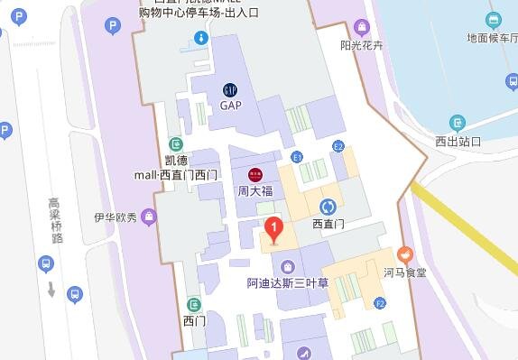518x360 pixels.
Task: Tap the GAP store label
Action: pos(231,105)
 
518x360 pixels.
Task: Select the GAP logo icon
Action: pos(231,88)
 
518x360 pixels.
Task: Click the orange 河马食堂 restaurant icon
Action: pos(404,255)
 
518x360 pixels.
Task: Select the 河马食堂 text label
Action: pos(404,272)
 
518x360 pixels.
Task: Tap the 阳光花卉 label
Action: pos(362,44)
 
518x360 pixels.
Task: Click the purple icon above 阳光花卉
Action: pos(362,26)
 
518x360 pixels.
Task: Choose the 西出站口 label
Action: pos(458,141)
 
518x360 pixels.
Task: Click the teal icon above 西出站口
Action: pos(458,123)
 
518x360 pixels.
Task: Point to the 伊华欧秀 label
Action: pos(115,217)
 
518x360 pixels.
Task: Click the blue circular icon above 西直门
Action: pos(328,207)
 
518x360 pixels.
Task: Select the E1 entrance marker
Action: pos(296,157)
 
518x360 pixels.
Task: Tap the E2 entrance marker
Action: pos(338,145)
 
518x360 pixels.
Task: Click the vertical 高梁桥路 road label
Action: pos(56,221)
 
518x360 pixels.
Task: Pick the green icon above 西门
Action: pos(193,304)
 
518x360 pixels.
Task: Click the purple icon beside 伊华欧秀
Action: pos(148,217)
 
